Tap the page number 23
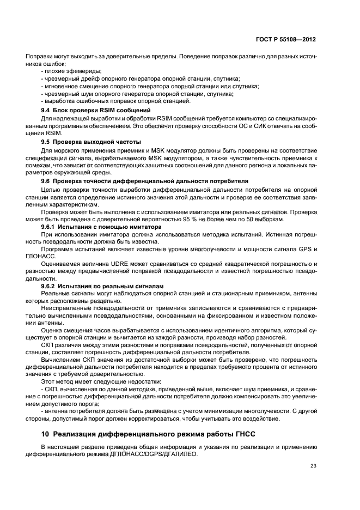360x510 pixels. coord(313,465)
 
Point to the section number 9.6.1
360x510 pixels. coord(51,226)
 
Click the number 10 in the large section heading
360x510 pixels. coord(45,434)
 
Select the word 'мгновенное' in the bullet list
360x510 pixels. coord(62,86)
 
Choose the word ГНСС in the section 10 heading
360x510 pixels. coord(237,434)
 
